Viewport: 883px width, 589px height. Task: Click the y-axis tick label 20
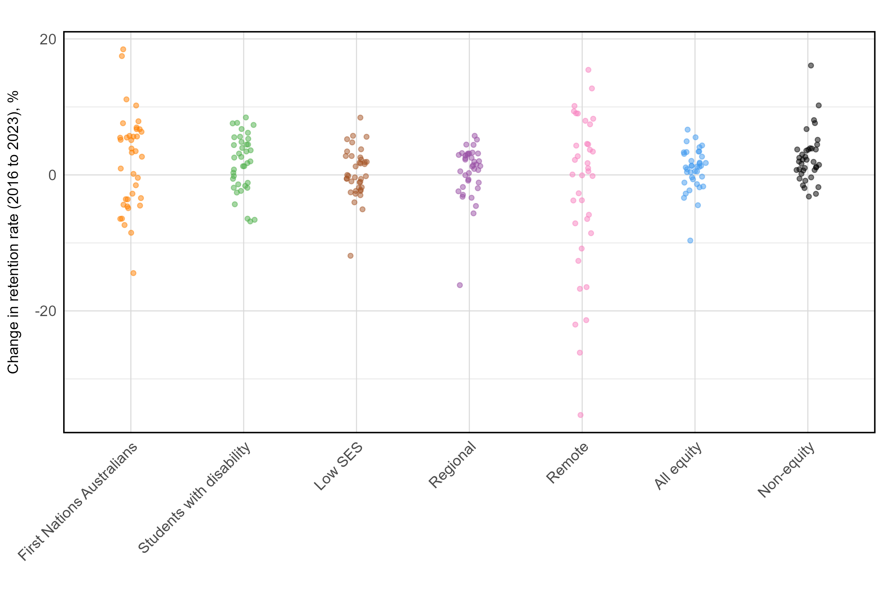point(48,39)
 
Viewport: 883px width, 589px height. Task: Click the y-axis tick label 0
point(52,175)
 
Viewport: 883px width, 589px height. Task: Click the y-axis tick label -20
point(46,311)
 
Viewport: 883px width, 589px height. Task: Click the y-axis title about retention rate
point(13,232)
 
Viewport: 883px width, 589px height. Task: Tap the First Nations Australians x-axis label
point(78,501)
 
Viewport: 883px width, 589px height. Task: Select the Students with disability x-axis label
point(194,498)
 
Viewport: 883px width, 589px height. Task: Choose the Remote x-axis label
point(567,463)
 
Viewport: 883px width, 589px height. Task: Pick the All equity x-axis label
point(678,466)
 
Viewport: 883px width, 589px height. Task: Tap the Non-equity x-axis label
point(786,470)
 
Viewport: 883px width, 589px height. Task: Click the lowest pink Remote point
point(580,415)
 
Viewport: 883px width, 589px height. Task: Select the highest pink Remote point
point(588,70)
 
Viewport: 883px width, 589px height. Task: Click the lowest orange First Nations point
point(133,273)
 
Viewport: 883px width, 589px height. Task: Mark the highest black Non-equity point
point(811,66)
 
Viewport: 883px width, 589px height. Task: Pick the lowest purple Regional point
point(460,285)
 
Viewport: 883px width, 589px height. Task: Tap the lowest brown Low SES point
point(350,256)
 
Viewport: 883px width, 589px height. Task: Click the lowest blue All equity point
point(690,241)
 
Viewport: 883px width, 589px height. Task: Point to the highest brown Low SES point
point(360,117)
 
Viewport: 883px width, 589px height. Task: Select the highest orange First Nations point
point(123,49)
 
